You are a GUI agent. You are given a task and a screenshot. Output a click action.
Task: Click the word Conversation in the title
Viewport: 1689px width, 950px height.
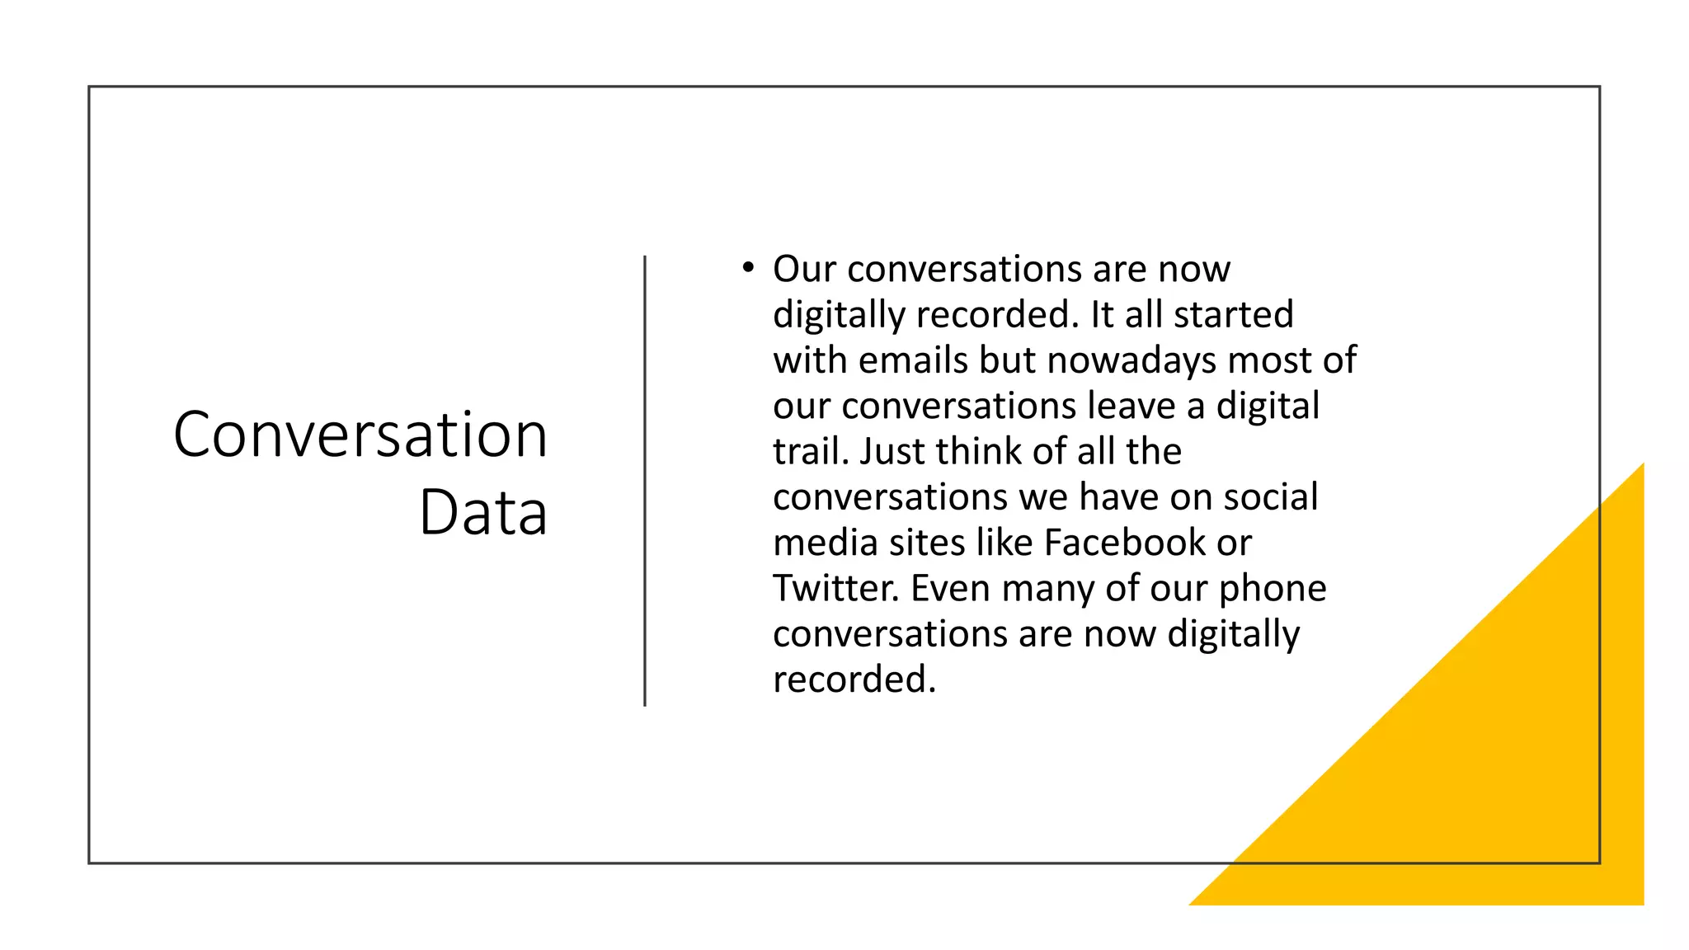360,435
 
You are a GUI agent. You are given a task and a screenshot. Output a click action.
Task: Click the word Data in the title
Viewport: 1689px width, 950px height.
483,512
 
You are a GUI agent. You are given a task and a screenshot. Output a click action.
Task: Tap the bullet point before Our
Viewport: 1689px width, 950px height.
747,267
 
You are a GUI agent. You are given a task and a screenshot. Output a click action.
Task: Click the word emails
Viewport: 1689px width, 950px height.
913,360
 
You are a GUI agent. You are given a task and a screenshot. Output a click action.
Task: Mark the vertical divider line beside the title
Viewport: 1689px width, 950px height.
645,481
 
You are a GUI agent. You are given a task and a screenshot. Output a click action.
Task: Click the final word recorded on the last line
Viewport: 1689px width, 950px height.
854,680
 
